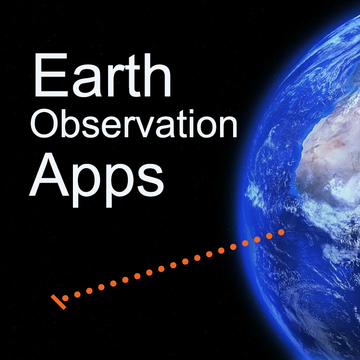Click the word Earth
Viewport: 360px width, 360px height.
click(x=103, y=75)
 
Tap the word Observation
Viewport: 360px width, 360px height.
click(x=134, y=124)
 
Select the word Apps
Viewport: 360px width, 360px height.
click(x=96, y=180)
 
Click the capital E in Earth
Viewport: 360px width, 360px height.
click(x=51, y=75)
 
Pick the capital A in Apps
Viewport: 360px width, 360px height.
click(x=49, y=175)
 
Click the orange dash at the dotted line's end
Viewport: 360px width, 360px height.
click(x=58, y=302)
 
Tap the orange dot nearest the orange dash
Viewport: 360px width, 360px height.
click(x=65, y=298)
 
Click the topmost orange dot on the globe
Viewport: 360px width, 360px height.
click(x=281, y=232)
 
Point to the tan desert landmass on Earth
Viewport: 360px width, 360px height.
click(x=328, y=158)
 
